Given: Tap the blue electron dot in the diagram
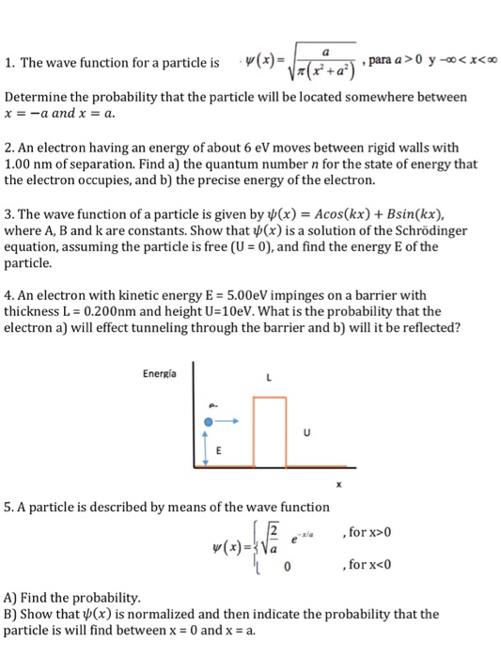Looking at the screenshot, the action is click(210, 423).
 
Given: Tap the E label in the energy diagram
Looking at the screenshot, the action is click(222, 450).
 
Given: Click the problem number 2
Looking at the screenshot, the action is click(9, 148).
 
